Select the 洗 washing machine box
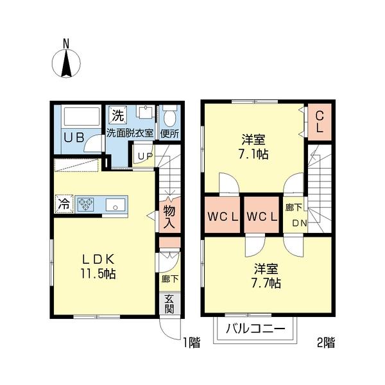click(x=117, y=116)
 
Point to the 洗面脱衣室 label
click(x=130, y=133)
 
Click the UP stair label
click(x=144, y=156)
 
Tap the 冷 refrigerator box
click(x=64, y=205)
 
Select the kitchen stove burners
click(x=86, y=205)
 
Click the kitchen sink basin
click(x=116, y=205)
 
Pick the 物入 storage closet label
click(x=169, y=217)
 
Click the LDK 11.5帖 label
click(x=98, y=265)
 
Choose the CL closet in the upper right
click(x=319, y=119)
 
